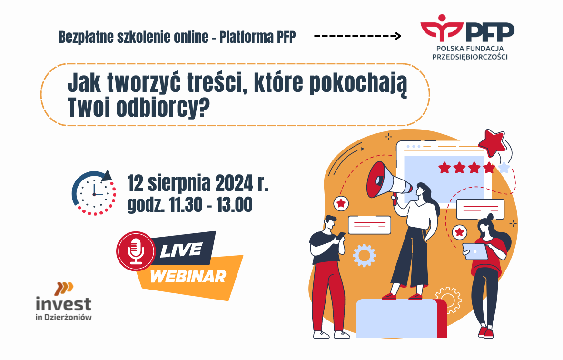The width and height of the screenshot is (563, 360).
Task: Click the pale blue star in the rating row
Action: click(x=504, y=167)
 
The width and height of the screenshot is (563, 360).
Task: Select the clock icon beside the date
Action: click(x=94, y=193)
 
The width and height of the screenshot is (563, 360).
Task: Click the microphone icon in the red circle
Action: click(x=136, y=251)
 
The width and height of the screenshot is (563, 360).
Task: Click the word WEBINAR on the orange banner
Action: click(x=188, y=276)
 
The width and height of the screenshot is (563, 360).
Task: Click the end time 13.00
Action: click(x=234, y=204)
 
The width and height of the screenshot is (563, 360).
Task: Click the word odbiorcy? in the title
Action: click(x=163, y=107)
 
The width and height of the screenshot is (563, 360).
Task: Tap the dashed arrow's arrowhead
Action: click(x=398, y=36)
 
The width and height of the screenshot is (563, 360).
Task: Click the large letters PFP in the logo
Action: click(x=490, y=32)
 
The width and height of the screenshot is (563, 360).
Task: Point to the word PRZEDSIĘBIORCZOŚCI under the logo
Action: click(x=470, y=57)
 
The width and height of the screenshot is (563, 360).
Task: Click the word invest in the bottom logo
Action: click(x=64, y=304)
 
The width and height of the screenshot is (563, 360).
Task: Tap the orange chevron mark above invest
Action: click(x=64, y=289)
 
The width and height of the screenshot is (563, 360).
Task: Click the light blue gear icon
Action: click(x=364, y=255)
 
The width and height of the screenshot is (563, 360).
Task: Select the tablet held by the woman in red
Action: click(x=475, y=251)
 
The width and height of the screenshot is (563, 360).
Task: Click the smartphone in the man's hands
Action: click(x=341, y=235)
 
